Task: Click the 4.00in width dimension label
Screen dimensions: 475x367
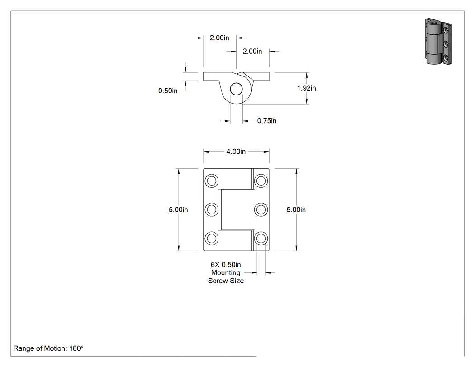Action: pos(236,152)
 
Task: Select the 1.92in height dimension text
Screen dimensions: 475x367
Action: pos(307,88)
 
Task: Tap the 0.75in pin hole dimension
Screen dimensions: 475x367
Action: pos(267,121)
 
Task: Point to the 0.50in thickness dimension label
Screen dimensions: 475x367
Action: pos(168,91)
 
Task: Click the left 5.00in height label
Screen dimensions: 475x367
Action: pos(178,210)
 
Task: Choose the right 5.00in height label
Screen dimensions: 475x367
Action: pos(296,210)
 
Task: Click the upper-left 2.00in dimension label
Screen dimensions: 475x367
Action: pos(219,38)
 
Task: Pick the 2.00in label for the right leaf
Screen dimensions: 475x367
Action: pos(252,52)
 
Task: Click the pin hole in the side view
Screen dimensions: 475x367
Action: pos(236,90)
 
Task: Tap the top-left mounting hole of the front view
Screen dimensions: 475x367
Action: pos(211,181)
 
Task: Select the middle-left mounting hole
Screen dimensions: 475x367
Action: pos(211,210)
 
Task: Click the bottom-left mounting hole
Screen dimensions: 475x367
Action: pos(211,238)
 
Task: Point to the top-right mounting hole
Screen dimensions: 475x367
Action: pos(261,181)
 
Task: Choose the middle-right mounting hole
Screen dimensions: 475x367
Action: pos(261,210)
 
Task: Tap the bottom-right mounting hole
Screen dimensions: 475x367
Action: pos(261,238)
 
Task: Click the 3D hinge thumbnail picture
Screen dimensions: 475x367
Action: pos(438,42)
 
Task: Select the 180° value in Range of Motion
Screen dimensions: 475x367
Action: pos(76,348)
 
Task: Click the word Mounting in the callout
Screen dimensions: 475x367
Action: pos(226,273)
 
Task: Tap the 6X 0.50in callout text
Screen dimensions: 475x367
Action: pos(226,265)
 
